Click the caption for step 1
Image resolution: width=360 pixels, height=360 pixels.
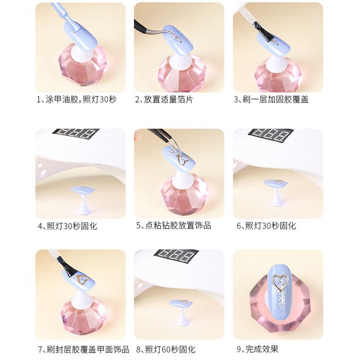(77, 99)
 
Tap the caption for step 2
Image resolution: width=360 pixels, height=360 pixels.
(164, 99)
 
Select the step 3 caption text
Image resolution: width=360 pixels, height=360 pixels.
(271, 99)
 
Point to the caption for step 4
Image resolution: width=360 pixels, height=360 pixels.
(68, 226)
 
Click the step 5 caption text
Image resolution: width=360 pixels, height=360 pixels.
(174, 225)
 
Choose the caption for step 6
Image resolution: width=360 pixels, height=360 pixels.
(266, 226)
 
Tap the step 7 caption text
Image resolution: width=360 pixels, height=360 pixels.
(84, 350)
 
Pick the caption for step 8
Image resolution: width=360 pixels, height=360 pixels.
(166, 350)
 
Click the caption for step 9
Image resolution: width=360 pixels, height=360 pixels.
(257, 349)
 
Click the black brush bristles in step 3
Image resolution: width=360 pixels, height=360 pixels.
(266, 35)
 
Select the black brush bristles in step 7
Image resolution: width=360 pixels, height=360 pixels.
(67, 266)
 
